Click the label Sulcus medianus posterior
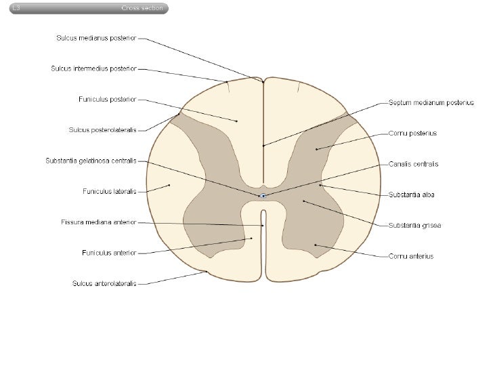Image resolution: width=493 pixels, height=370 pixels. tap(96, 38)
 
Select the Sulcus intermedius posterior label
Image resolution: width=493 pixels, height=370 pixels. tap(93, 68)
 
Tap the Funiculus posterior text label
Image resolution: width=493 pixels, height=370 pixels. tap(108, 100)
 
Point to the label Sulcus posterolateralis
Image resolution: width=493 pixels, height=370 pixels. tap(102, 130)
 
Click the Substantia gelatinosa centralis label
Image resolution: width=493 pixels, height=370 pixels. tap(91, 161)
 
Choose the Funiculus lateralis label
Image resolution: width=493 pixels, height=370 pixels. tap(110, 191)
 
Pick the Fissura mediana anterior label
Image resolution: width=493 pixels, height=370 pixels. tap(99, 222)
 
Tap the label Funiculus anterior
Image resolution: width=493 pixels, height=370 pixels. tap(109, 253)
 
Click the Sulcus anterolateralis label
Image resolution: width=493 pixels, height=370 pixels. tap(104, 283)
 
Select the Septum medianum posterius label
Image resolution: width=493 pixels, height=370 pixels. tap(431, 102)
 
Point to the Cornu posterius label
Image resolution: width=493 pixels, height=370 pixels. tap(412, 133)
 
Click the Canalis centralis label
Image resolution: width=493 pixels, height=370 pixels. tap(413, 164)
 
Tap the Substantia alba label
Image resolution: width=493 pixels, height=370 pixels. tap(411, 194)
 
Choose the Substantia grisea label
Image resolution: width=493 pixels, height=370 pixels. tap(414, 225)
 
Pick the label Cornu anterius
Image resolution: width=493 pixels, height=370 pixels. tap(411, 256)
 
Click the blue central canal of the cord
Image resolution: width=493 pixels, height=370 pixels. tap(263, 196)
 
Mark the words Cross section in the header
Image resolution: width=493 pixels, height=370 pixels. tap(142, 8)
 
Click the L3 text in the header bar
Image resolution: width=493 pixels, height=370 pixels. tap(16, 8)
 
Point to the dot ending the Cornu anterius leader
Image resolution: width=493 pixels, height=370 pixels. tap(316, 245)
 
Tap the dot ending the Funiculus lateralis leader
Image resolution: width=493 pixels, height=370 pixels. tap(169, 185)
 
